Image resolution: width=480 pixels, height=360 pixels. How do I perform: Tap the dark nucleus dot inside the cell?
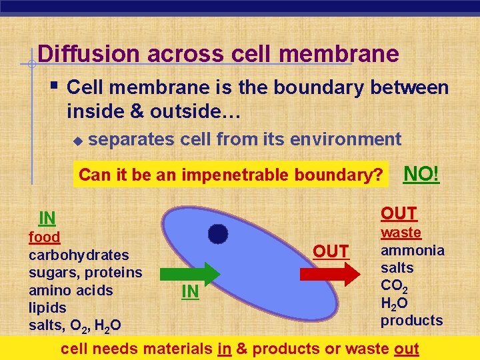click(x=218, y=233)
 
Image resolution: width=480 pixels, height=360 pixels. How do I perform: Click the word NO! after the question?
click(x=422, y=174)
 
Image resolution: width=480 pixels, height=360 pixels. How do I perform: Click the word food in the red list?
click(x=44, y=237)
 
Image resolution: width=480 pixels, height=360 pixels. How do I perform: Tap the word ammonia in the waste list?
click(x=412, y=250)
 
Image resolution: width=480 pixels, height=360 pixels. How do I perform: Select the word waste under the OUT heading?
click(x=401, y=233)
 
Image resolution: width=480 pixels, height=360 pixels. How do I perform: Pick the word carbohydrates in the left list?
click(x=79, y=255)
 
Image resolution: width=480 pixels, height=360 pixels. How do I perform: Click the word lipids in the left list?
click(x=47, y=308)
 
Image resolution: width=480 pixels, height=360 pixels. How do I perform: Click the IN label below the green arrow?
click(x=190, y=292)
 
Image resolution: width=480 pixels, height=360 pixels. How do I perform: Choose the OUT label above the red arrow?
click(x=331, y=251)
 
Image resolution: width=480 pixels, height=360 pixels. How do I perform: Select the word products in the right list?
click(x=411, y=321)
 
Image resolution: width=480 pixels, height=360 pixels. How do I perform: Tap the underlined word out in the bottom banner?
click(x=406, y=348)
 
